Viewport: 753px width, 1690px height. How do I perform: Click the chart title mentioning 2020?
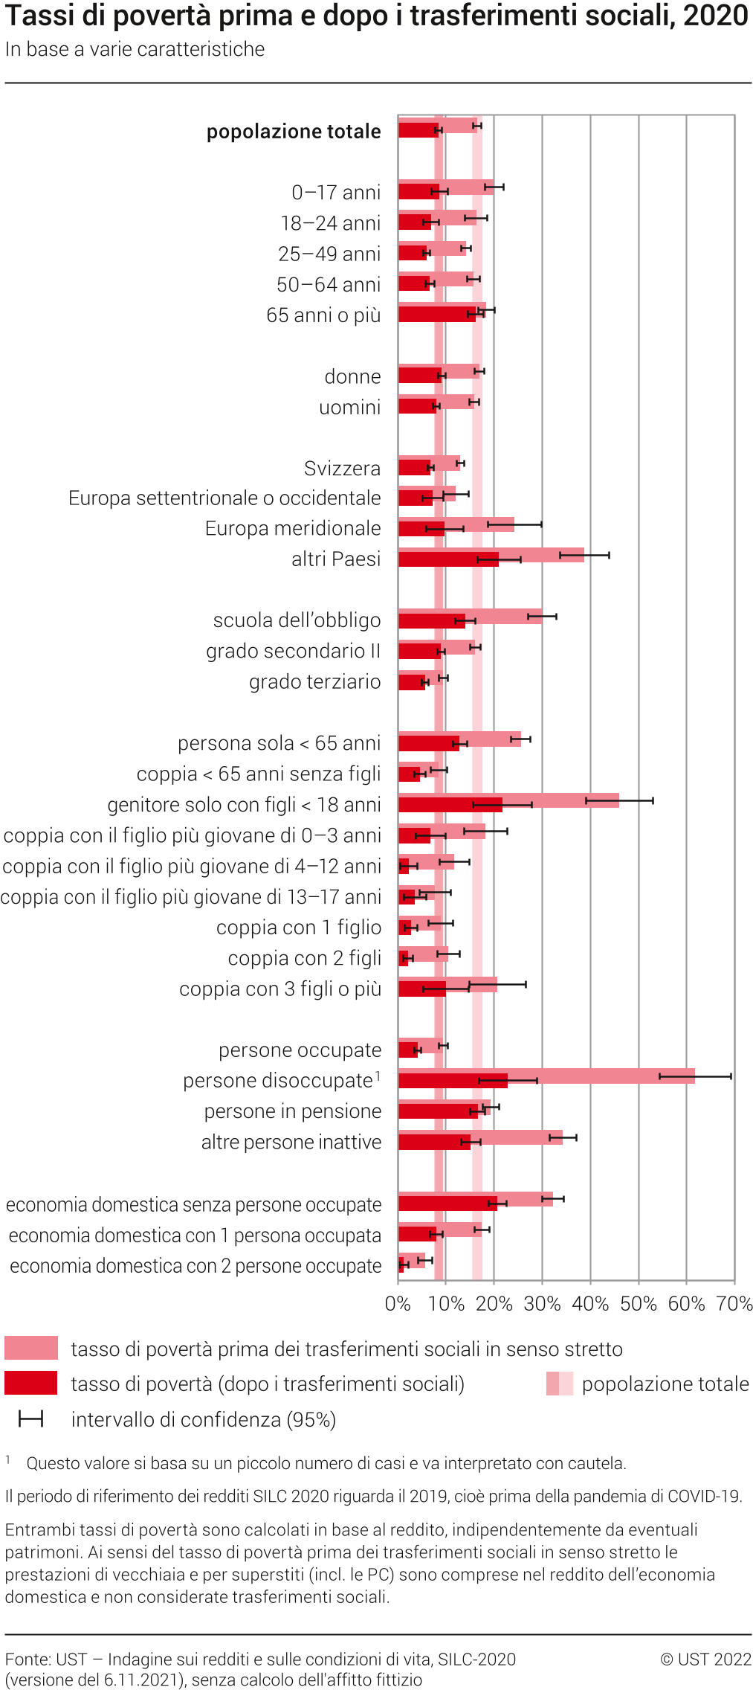376,16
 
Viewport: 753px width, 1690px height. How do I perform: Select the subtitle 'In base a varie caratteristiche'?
135,49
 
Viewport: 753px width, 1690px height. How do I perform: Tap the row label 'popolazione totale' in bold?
294,132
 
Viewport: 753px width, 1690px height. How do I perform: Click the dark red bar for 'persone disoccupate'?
452,1081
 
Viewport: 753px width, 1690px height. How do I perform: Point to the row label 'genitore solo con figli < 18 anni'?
244,805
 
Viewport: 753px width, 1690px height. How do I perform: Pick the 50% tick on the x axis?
639,1303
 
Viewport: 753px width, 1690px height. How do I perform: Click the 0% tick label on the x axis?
398,1303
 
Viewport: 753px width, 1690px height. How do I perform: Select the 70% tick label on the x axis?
734,1303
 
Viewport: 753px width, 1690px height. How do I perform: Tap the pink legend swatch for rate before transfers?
31,1348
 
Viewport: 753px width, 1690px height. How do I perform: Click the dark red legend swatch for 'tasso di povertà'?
31,1383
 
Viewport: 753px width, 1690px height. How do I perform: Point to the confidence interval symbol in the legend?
31,1419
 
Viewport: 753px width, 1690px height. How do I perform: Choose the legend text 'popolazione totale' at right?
665,1384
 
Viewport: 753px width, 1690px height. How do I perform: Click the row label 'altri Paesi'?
336,559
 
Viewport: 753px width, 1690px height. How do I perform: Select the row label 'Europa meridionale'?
293,528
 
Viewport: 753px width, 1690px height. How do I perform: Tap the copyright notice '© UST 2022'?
705,1659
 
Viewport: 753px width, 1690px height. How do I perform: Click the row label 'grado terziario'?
314,681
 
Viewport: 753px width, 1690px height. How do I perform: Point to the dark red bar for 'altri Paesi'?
448,559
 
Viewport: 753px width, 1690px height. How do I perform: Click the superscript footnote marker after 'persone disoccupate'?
378,1076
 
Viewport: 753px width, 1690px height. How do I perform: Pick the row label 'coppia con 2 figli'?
304,958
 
